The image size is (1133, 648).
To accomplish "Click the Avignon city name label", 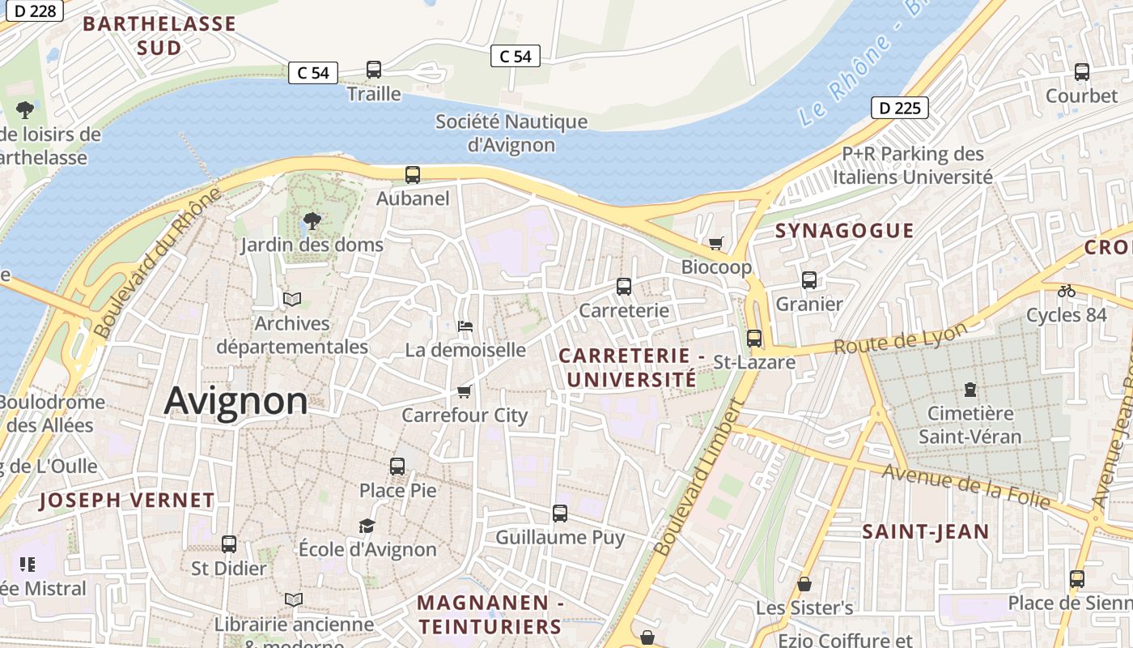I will pyautogui.click(x=236, y=401).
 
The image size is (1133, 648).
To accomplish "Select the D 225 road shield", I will pyautogui.click(x=899, y=108).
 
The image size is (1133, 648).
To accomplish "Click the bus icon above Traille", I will pyautogui.click(x=373, y=70).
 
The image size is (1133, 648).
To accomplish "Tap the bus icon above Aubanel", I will pyautogui.click(x=412, y=174).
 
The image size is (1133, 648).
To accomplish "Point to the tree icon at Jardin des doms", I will pyautogui.click(x=312, y=220).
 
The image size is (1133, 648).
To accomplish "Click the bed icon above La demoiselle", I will pyautogui.click(x=465, y=326).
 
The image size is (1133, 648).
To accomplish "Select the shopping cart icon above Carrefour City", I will pyautogui.click(x=464, y=392).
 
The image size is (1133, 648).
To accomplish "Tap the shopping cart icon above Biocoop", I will pyautogui.click(x=715, y=243).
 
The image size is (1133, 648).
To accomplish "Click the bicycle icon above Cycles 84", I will pyautogui.click(x=1066, y=291).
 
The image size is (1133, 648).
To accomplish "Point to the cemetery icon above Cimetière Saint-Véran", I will pyautogui.click(x=970, y=390).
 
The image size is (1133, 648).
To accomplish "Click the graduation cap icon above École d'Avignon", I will pyautogui.click(x=367, y=526).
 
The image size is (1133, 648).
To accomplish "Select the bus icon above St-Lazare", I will pyautogui.click(x=753, y=338).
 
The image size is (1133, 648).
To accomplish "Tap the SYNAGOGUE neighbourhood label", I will pyautogui.click(x=844, y=231).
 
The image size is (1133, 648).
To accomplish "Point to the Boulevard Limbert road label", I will pyautogui.click(x=698, y=478).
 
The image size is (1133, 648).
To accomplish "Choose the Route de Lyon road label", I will pyautogui.click(x=900, y=339).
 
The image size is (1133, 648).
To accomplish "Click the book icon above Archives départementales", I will pyautogui.click(x=292, y=300).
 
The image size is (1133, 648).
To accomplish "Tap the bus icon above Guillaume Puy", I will pyautogui.click(x=559, y=513).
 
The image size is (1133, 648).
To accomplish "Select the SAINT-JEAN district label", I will pyautogui.click(x=925, y=532).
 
